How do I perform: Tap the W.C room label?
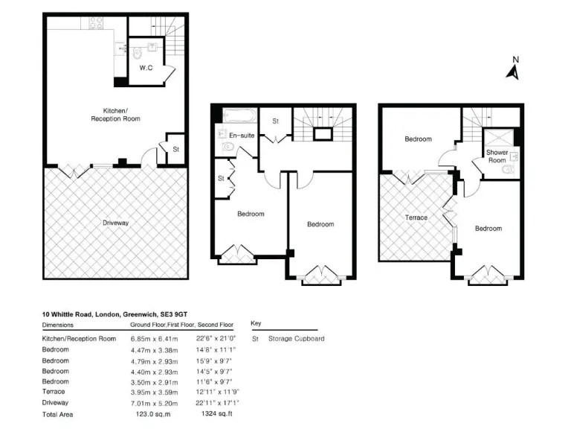pyautogui.click(x=146, y=68)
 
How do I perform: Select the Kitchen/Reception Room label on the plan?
pyautogui.click(x=115, y=114)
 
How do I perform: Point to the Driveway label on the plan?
pyautogui.click(x=115, y=223)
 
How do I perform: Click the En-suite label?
pyautogui.click(x=241, y=136)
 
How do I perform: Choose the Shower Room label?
pyautogui.click(x=497, y=156)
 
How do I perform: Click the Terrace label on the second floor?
pyautogui.click(x=416, y=217)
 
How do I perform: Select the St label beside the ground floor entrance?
pyautogui.click(x=175, y=149)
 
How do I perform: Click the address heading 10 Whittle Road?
pyautogui.click(x=114, y=315)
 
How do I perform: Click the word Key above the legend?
pyautogui.click(x=256, y=325)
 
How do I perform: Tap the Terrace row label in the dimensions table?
pyautogui.click(x=54, y=392)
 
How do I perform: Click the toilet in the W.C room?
pyautogui.click(x=138, y=54)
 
